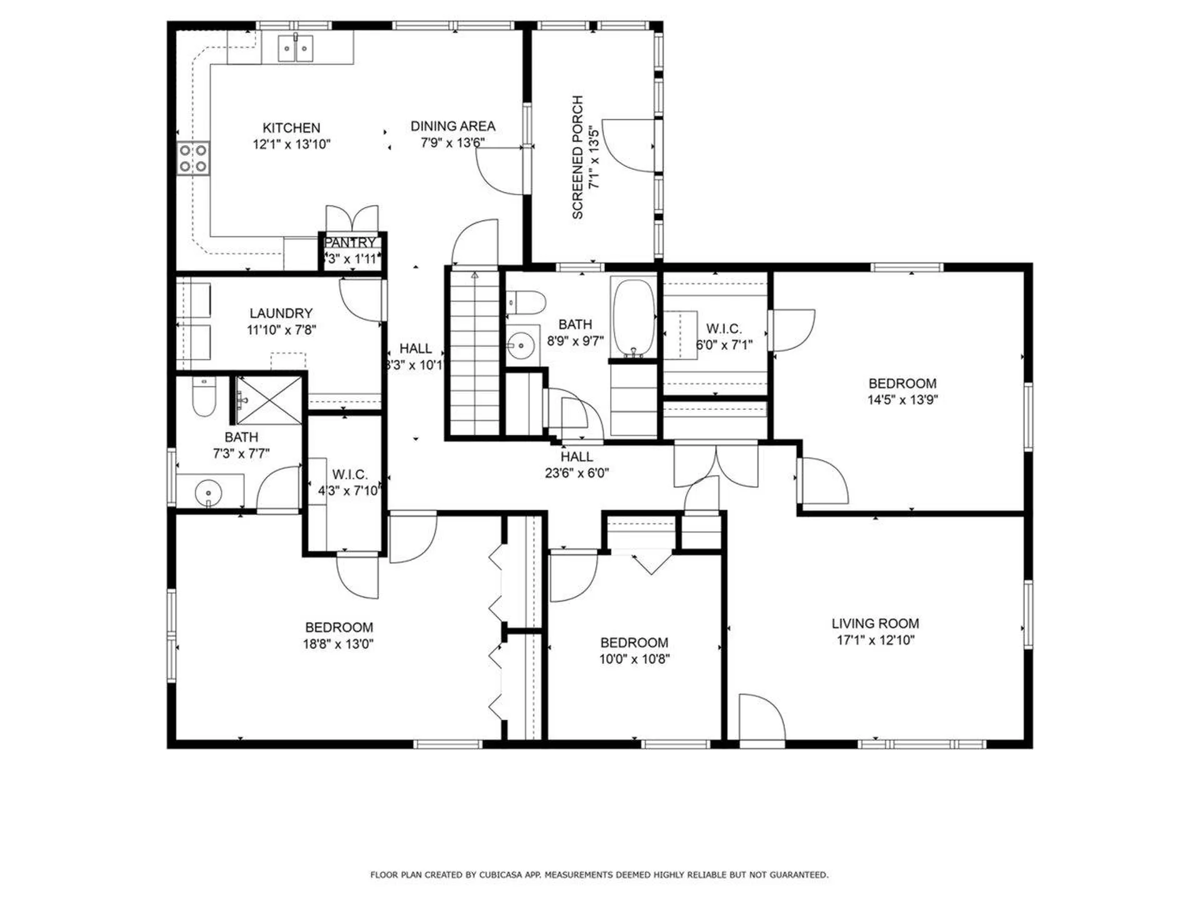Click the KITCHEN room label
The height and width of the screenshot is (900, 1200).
[291, 128]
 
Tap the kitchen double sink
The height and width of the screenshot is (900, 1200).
[296, 48]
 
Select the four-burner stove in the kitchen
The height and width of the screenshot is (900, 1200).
[192, 158]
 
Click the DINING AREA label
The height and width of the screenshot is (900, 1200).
[452, 126]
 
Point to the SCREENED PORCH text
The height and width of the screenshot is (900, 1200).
[577, 157]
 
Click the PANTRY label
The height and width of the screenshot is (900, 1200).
[351, 242]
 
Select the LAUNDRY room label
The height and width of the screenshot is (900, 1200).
[281, 313]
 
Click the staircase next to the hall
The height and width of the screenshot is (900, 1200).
[474, 353]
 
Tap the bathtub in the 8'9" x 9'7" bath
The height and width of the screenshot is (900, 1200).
[634, 318]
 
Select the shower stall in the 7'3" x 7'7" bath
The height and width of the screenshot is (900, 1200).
[269, 399]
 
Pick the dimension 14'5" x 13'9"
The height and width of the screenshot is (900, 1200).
[902, 400]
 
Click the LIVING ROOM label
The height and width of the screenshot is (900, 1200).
[875, 623]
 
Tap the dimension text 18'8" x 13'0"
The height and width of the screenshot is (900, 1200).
[338, 644]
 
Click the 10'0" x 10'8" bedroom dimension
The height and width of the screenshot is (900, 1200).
[634, 659]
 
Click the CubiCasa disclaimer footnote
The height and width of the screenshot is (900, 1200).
[599, 874]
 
